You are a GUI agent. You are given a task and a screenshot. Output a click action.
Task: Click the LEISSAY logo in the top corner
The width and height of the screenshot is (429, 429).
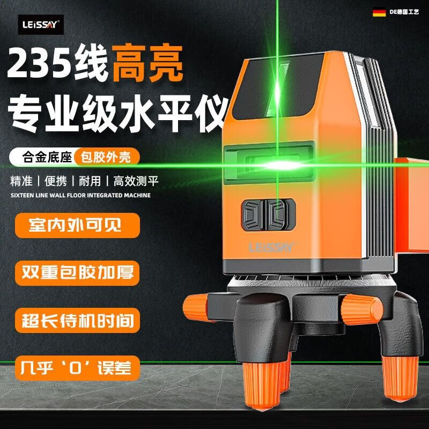click(42, 23)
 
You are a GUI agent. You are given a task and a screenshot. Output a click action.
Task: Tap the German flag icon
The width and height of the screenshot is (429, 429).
click(379, 11)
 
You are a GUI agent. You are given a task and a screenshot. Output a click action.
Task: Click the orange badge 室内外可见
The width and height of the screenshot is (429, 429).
click(77, 225)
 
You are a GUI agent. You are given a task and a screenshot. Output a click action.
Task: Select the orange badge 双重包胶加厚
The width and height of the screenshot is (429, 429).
click(77, 271)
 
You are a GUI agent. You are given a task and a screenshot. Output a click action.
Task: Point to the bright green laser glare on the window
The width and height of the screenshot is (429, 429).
click(279, 165)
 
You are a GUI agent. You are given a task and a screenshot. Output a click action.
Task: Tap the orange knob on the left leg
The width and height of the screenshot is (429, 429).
click(196, 308)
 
